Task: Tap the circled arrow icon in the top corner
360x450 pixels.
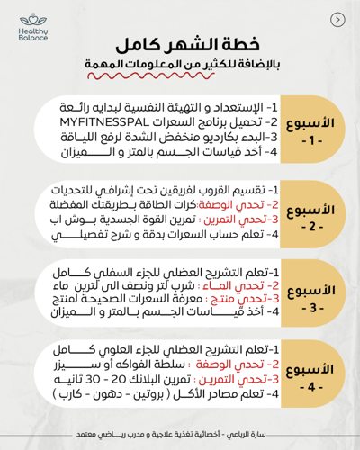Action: tap(337, 19)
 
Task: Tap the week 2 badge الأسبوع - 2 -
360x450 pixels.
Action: tap(315, 217)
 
